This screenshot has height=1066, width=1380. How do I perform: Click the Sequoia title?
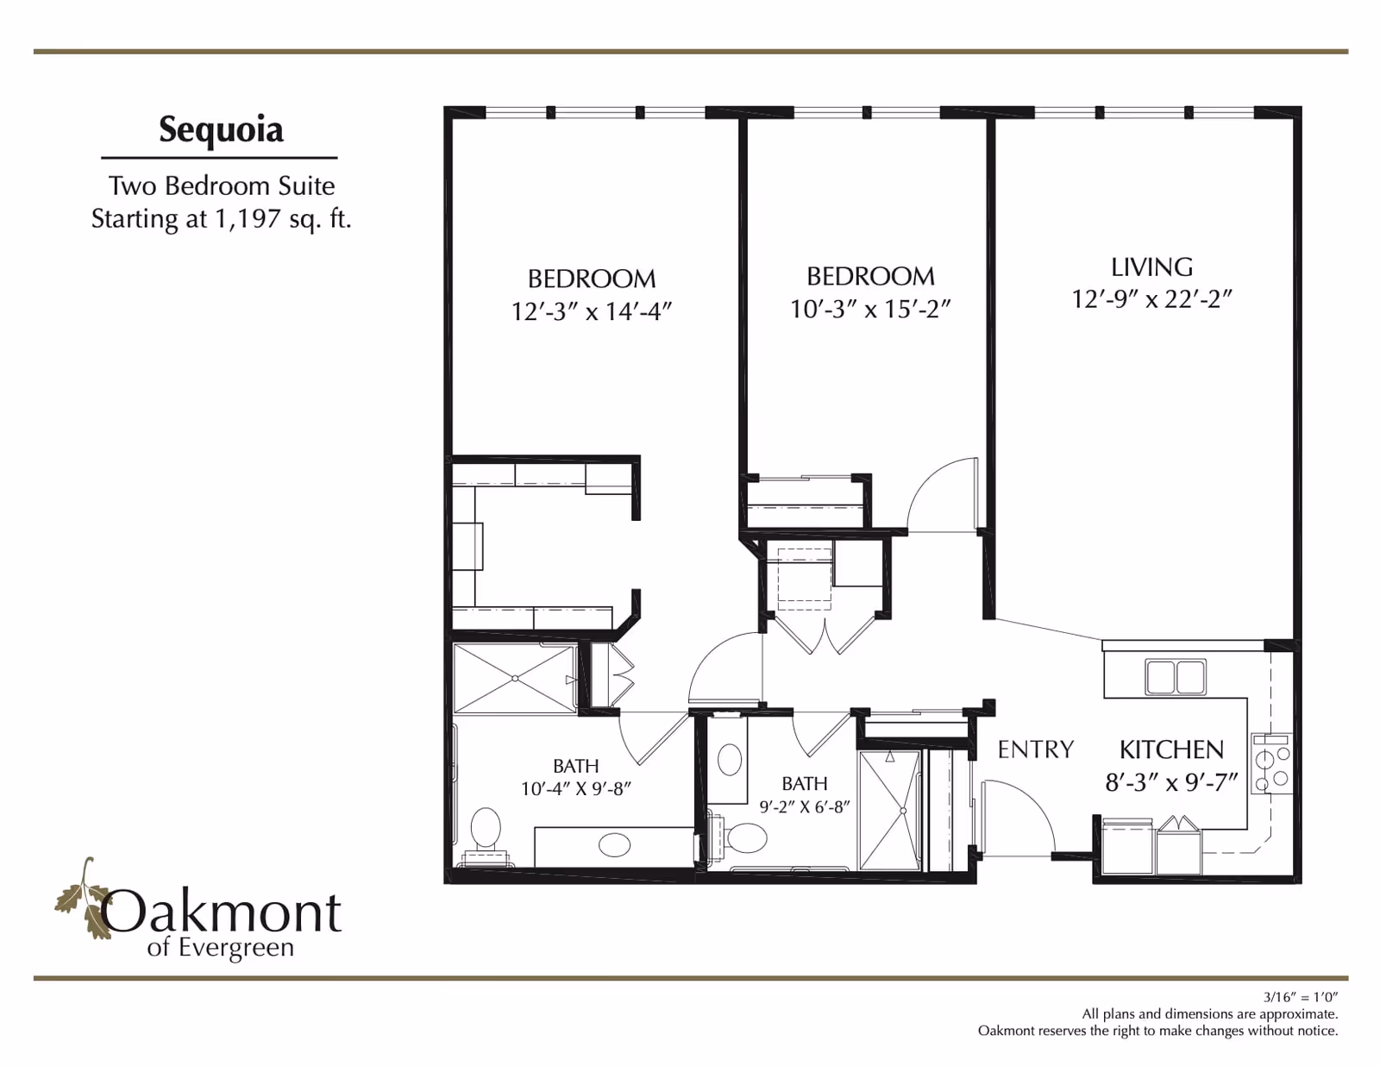[x=221, y=131]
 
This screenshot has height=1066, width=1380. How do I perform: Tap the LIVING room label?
[x=1151, y=267]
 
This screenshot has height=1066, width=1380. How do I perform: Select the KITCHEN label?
[x=1171, y=749]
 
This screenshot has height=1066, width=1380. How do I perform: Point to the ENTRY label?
[x=1035, y=749]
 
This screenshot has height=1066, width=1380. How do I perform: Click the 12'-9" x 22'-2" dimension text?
[x=1152, y=299]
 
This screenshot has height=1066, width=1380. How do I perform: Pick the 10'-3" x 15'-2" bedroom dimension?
[x=870, y=310]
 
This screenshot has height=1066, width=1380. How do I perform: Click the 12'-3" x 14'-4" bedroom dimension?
[x=592, y=311]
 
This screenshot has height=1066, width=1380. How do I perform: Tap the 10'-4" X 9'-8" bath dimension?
[x=576, y=789]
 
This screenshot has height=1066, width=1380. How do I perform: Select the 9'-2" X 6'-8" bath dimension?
[x=805, y=807]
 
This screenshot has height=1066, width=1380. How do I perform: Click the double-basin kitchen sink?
[x=1176, y=677]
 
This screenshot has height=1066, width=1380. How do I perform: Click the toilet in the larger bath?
[x=486, y=835]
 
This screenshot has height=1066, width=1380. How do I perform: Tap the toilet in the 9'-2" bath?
[x=737, y=838]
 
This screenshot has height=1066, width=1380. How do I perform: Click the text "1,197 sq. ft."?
[x=283, y=219]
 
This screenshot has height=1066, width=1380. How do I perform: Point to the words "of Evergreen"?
[x=220, y=948]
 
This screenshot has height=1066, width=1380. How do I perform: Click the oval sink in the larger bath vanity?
[x=614, y=845]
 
